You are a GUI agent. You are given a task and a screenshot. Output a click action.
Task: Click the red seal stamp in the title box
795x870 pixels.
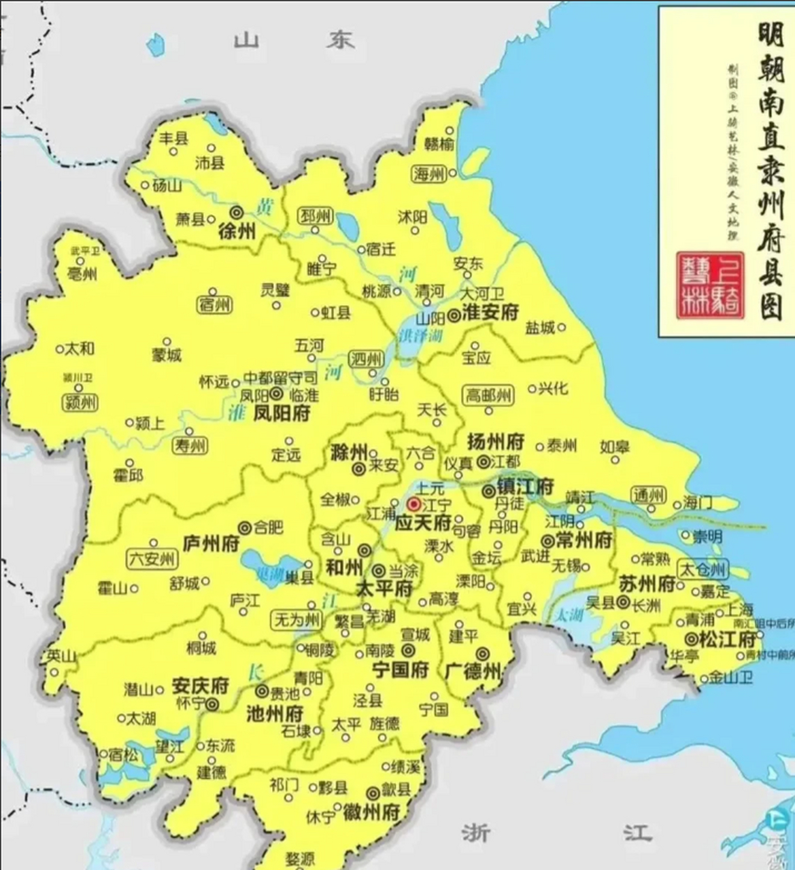pos(710,286)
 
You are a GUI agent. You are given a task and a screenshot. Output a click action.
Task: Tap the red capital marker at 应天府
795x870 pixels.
pos(413,504)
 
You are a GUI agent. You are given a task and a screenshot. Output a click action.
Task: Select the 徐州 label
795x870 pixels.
pos(237,232)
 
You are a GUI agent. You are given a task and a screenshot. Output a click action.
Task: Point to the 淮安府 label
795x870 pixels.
pos(490,313)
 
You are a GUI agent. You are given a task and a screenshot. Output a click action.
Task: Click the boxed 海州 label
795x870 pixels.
pos(429,174)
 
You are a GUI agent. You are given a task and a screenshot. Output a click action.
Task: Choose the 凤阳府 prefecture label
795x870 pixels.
pos(282,413)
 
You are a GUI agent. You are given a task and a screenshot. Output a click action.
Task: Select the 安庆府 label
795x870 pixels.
pos(200,684)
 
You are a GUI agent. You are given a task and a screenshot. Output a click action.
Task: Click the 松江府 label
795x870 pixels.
pos(729,640)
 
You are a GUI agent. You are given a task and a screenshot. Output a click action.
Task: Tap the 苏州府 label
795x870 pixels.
pos(647,584)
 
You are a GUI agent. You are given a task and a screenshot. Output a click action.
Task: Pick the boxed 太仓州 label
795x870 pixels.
pos(703,570)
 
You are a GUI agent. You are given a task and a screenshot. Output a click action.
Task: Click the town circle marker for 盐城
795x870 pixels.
pos(562,328)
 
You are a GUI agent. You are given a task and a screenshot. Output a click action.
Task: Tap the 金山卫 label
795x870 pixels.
pos(730,678)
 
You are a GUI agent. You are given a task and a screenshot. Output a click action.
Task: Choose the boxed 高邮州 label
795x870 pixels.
pos(488,395)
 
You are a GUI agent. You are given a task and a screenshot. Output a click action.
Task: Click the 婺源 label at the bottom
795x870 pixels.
pos(299,858)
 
